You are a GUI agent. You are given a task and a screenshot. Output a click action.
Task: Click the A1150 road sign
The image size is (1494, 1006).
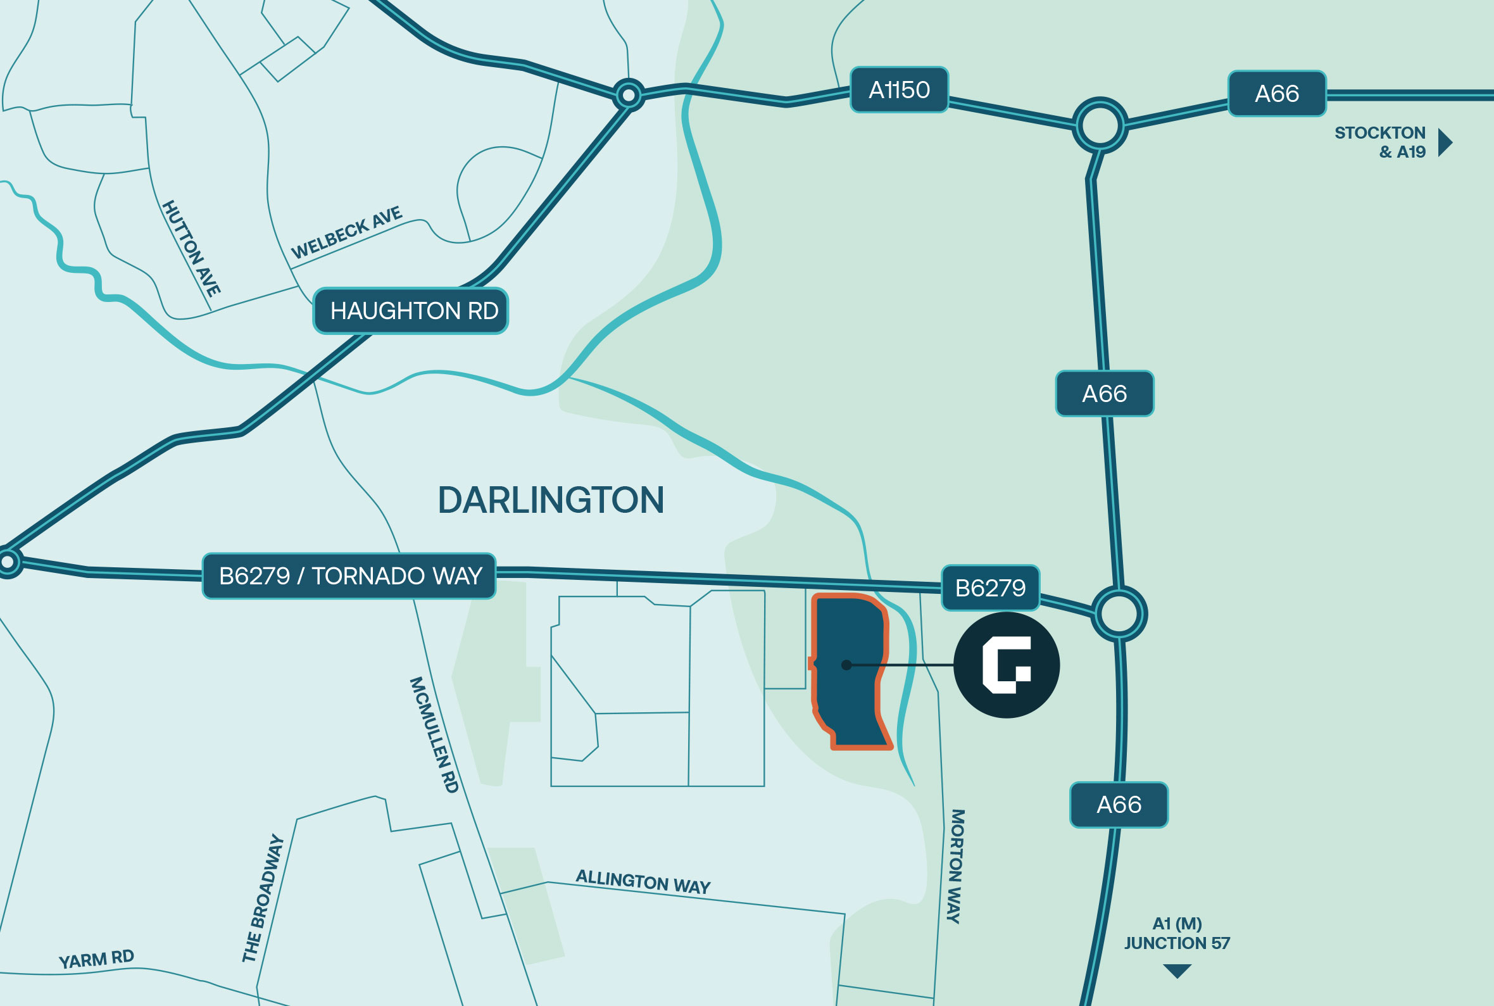pos(899,90)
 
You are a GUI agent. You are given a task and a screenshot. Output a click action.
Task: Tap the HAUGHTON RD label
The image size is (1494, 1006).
pos(411,311)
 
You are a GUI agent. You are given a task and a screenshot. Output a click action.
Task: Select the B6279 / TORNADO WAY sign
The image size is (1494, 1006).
pos(349,576)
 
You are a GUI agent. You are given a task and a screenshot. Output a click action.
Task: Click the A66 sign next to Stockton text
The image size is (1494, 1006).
pos(1276,94)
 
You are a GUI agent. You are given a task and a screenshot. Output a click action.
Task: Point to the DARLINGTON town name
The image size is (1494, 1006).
pos(550,500)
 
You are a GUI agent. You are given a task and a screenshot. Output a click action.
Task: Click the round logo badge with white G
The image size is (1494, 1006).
pos(1006,665)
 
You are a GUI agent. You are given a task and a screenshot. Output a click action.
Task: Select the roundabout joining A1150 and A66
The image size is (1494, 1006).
pos(1100,125)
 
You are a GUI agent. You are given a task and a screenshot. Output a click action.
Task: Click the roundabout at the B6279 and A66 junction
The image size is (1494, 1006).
pos(1119,614)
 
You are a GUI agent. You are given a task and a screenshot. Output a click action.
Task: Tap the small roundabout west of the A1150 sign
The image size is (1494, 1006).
pos(628,96)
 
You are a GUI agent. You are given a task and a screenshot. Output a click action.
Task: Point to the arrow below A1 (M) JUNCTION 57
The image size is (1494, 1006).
pos(1176,971)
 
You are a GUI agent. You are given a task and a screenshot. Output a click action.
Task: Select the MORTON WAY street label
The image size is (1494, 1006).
pos(956,866)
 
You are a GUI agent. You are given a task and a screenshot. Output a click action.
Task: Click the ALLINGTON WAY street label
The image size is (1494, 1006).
pos(643,881)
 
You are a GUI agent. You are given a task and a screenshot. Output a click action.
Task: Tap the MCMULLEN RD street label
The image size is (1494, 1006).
pos(434,734)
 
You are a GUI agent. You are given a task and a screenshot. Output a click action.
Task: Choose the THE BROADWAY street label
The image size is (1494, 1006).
pos(262,898)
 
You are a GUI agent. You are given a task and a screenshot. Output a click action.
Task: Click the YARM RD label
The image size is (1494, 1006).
pos(96,959)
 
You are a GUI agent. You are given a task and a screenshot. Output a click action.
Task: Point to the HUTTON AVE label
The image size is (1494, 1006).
pos(191,248)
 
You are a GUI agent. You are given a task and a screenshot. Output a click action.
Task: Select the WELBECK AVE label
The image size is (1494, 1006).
pos(346,232)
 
